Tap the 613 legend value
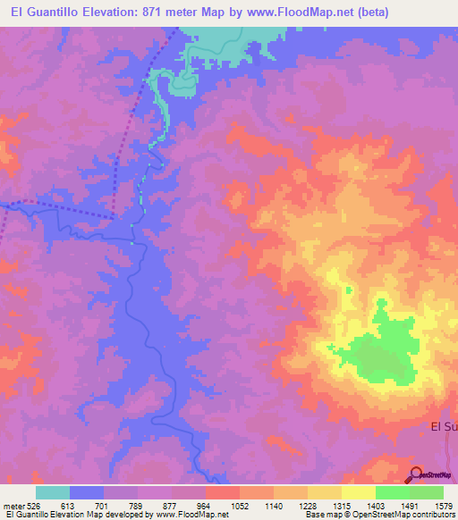pyautogui.click(x=68, y=505)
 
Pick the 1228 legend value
pyautogui.click(x=307, y=505)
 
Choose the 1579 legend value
pyautogui.click(x=444, y=505)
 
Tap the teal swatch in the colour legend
pyautogui.click(x=53, y=492)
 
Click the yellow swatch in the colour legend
pyautogui.click(x=358, y=492)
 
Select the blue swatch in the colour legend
pyautogui.click(x=87, y=492)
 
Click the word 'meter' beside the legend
pyautogui.click(x=11, y=505)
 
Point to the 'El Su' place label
pyautogui.click(x=444, y=427)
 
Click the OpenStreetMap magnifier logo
pyautogui.click(x=416, y=474)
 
